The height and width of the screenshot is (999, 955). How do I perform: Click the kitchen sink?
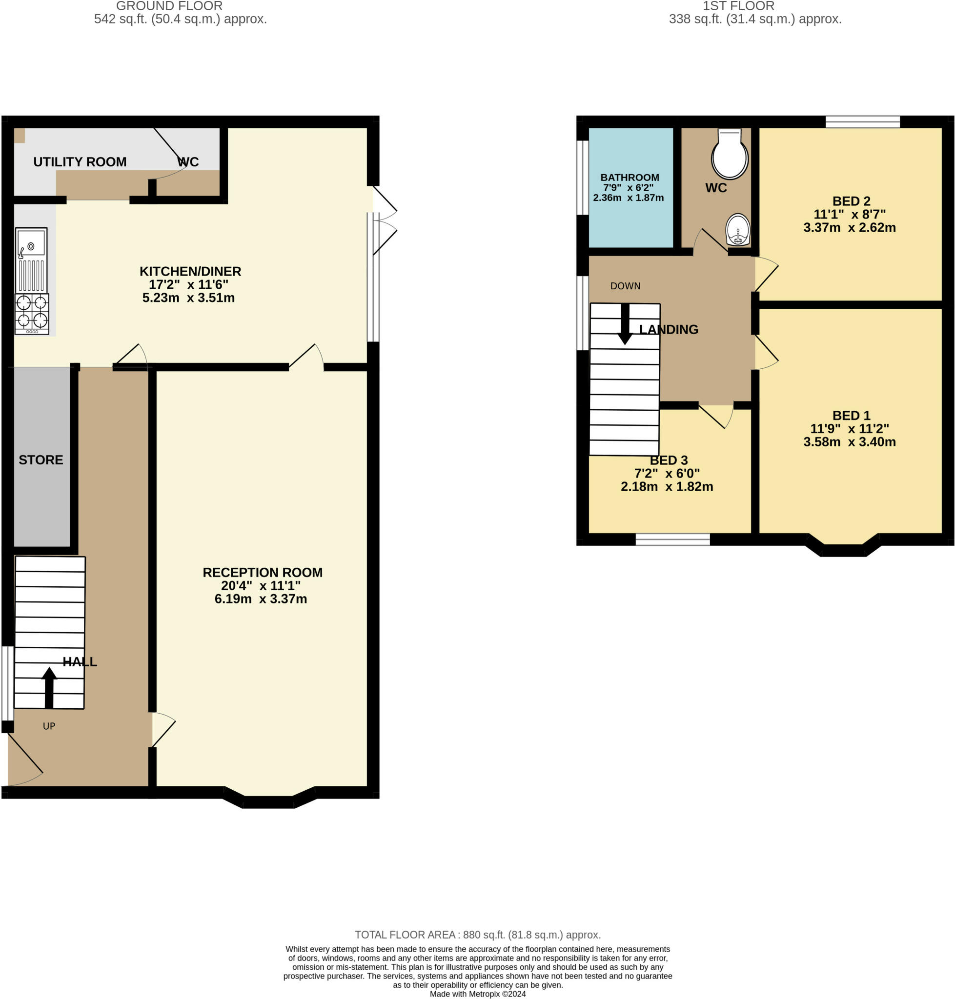(32, 260)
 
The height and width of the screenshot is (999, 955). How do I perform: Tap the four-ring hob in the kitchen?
(32, 314)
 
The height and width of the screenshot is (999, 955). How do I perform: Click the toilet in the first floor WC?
(730, 154)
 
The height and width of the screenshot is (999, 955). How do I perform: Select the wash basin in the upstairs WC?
(738, 230)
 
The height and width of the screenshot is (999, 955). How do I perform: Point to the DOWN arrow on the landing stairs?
(625, 324)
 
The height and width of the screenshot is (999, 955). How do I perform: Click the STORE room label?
(41, 460)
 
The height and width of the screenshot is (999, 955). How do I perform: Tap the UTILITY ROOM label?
(80, 162)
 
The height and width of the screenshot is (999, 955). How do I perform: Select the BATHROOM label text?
(630, 178)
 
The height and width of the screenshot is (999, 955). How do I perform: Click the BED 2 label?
(851, 201)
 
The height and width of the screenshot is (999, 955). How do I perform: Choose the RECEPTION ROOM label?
(263, 573)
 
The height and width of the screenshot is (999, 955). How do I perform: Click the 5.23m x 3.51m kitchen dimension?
(188, 298)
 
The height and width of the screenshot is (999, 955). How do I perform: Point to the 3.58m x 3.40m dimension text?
(850, 442)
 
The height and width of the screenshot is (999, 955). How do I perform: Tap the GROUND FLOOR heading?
(169, 6)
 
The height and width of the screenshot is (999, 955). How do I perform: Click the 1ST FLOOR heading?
(739, 6)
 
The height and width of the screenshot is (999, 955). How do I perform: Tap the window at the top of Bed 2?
(862, 121)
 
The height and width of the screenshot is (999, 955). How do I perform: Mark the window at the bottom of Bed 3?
(672, 539)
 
